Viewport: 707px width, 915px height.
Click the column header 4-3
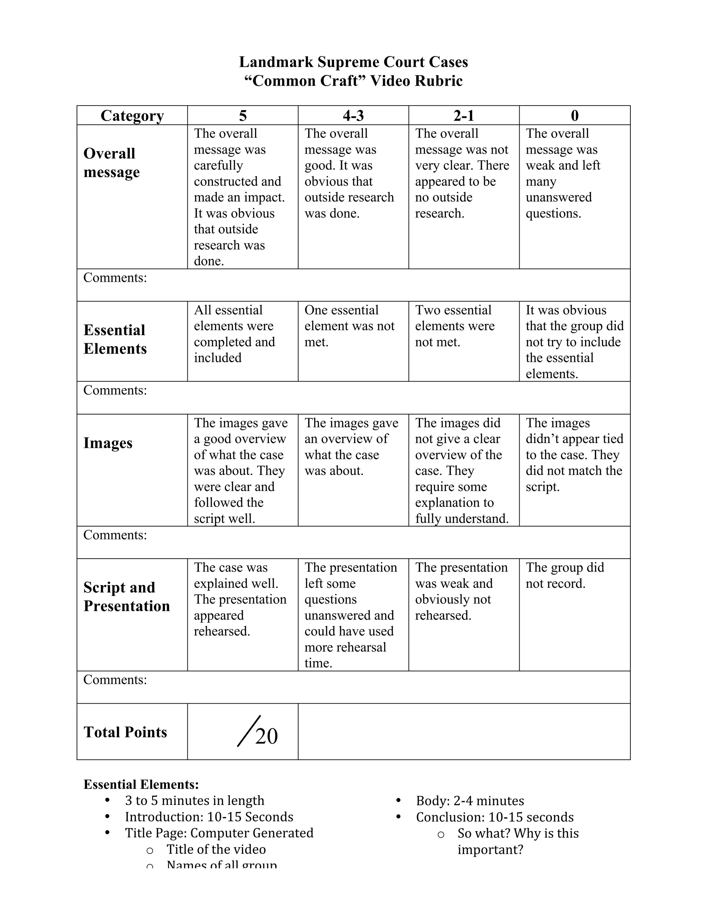pyautogui.click(x=353, y=116)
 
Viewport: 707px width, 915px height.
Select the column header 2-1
pyautogui.click(x=464, y=116)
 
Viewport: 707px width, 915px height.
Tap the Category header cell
pyautogui.click(x=132, y=116)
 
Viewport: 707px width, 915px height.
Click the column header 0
pyautogui.click(x=575, y=116)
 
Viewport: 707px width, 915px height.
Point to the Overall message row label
pyautogui.click(x=112, y=163)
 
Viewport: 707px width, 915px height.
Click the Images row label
pyautogui.click(x=108, y=443)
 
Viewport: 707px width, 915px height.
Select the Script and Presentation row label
pyautogui.click(x=126, y=597)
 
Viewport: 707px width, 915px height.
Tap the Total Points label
pyautogui.click(x=125, y=732)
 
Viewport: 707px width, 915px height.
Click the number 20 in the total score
pyautogui.click(x=267, y=736)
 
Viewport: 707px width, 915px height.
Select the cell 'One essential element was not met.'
pyautogui.click(x=349, y=326)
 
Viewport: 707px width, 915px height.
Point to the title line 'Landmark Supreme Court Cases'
pyautogui.click(x=353, y=62)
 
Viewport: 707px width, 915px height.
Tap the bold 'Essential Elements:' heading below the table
pyautogui.click(x=141, y=784)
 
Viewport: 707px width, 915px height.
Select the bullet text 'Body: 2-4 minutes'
pyautogui.click(x=469, y=801)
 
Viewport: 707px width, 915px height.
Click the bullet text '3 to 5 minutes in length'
pyautogui.click(x=194, y=801)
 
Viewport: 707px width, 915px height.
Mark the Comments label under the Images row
pyautogui.click(x=115, y=535)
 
